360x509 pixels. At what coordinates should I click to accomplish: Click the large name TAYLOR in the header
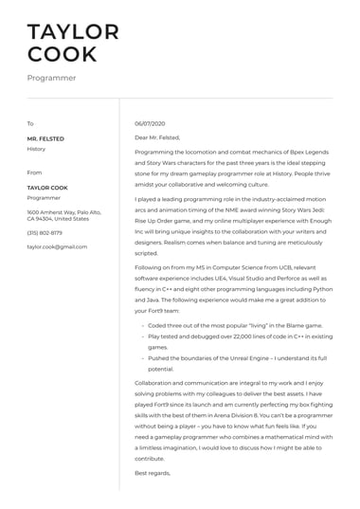73,31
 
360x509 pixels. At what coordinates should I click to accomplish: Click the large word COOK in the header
63,54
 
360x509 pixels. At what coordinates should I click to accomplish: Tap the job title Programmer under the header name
51,78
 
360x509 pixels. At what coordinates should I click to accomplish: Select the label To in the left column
30,124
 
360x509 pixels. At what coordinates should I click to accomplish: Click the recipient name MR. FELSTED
45,138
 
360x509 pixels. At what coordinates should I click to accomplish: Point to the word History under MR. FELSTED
36,149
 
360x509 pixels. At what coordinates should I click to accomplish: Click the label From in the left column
34,173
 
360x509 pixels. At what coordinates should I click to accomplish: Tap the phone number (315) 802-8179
45,232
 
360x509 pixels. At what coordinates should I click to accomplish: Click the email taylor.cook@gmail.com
57,246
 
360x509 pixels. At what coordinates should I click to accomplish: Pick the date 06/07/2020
151,124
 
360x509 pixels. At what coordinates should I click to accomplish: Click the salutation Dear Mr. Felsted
157,137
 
